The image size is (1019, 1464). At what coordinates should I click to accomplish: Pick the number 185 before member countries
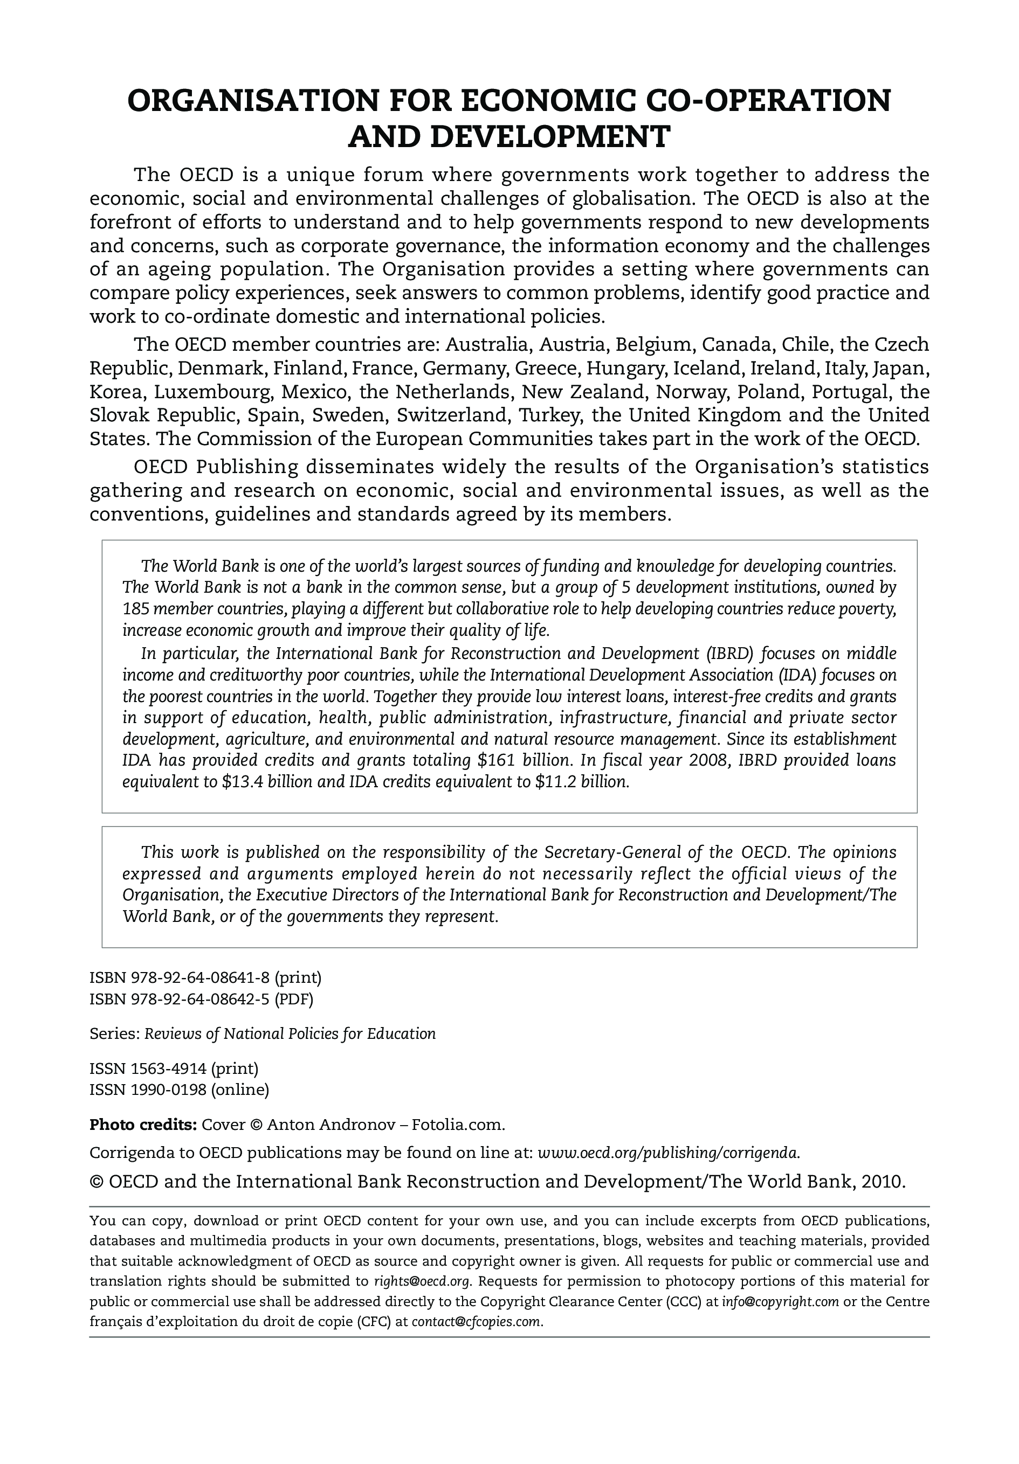coord(135,609)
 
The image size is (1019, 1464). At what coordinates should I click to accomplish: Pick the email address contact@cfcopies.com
coord(476,1322)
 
